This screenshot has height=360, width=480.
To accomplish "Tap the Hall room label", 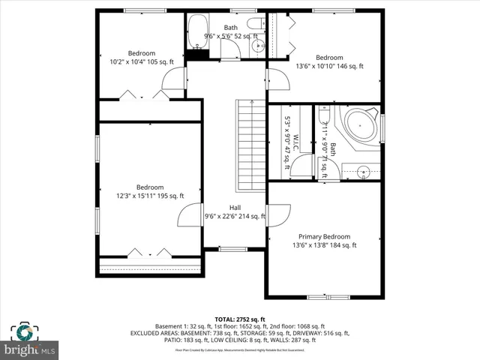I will coord(235,208).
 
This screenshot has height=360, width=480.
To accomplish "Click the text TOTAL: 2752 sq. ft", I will coord(239,319).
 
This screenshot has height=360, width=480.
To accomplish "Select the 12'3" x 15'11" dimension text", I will coord(148,196).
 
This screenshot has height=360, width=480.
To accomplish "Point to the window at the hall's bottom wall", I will coord(233,248).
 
